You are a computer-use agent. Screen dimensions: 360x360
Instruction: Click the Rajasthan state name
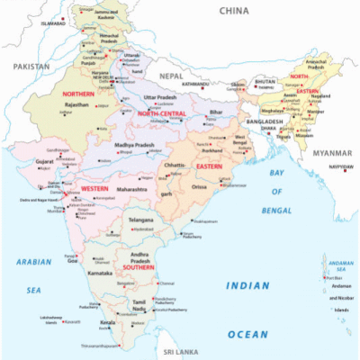[x=76, y=104]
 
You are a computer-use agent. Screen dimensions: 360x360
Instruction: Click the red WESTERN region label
[x=94, y=187]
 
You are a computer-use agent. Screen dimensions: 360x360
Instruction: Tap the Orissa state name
[x=199, y=187]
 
